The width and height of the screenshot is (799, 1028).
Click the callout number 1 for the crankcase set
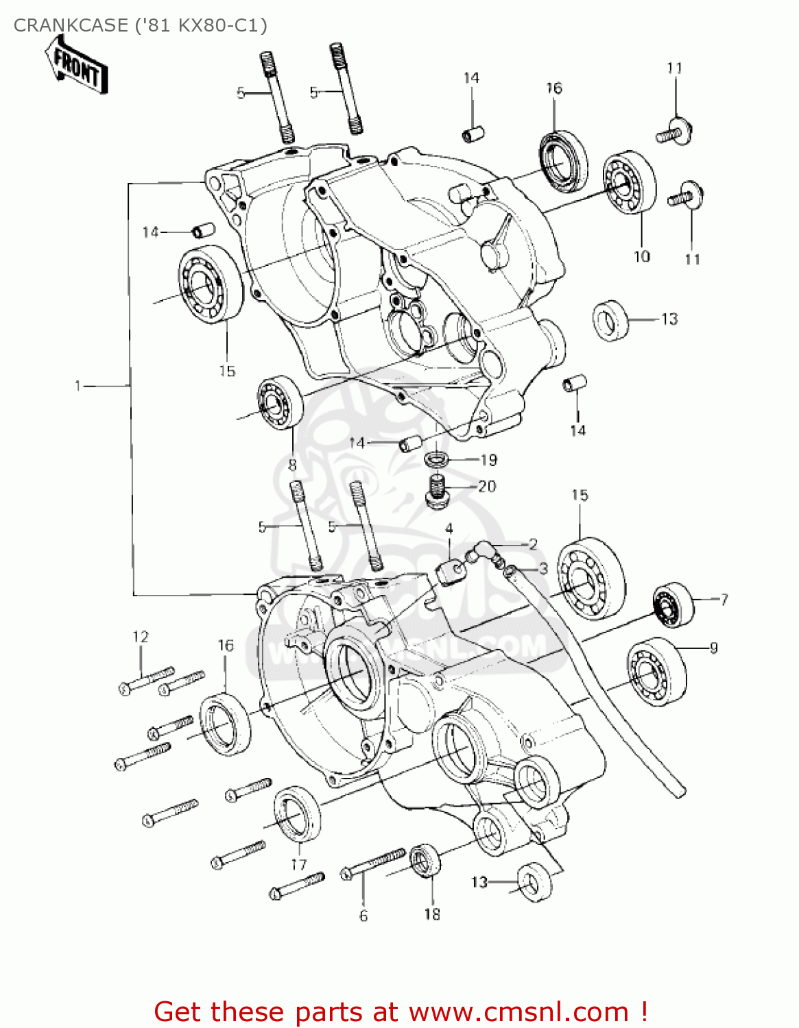coord(77,387)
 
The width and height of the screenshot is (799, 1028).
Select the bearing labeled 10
coord(629,182)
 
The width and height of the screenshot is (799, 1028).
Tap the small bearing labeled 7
coord(672,604)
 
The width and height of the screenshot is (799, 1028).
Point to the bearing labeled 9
coord(656,671)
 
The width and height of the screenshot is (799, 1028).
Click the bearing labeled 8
coord(280,404)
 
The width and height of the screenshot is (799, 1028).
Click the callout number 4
coord(449,529)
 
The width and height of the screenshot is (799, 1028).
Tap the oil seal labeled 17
coord(297,815)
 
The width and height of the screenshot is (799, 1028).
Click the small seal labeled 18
coord(425,861)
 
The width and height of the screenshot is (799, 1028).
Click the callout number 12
coord(141,637)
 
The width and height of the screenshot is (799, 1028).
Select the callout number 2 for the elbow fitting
coord(533,545)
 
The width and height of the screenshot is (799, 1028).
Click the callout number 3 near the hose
coord(543,568)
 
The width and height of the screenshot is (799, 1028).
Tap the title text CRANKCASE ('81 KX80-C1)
coord(141,25)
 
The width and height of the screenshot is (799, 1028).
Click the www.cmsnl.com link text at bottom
coord(518,1012)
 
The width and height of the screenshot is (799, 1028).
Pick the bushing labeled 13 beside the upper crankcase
coord(610,320)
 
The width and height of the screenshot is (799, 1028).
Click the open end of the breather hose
coord(678,791)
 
